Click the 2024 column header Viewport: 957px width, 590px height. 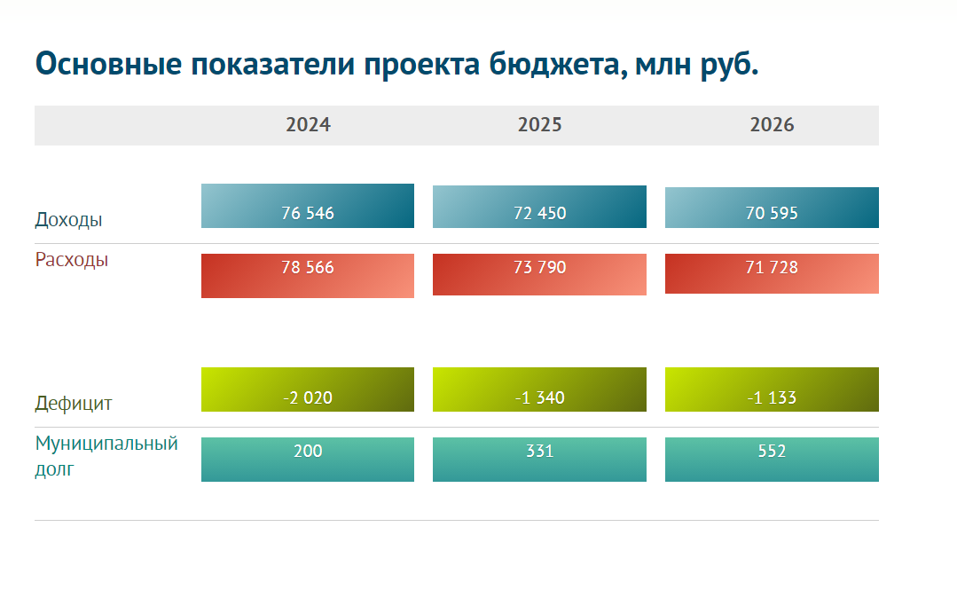click(x=308, y=125)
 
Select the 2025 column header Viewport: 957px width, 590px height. click(x=539, y=125)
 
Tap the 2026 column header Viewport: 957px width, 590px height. click(x=772, y=125)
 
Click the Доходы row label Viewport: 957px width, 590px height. click(x=68, y=220)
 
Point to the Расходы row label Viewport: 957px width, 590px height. click(x=72, y=260)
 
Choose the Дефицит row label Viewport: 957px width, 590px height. click(x=74, y=404)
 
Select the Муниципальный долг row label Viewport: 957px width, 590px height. click(x=106, y=455)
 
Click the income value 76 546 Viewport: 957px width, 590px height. click(x=307, y=213)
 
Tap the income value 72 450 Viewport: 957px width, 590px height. click(x=539, y=213)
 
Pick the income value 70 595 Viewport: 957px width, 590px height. click(x=772, y=213)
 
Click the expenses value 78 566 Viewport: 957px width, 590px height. click(x=307, y=267)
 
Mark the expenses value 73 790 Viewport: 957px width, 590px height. click(x=539, y=267)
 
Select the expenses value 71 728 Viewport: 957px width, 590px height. click(x=772, y=267)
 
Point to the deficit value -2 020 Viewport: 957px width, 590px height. click(x=307, y=397)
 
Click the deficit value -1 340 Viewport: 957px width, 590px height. click(x=539, y=397)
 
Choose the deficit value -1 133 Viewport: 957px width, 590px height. click(x=772, y=397)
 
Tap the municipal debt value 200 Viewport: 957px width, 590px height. click(x=307, y=451)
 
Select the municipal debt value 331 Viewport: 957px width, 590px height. click(x=539, y=451)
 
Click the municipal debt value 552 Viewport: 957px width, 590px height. click(x=772, y=451)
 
